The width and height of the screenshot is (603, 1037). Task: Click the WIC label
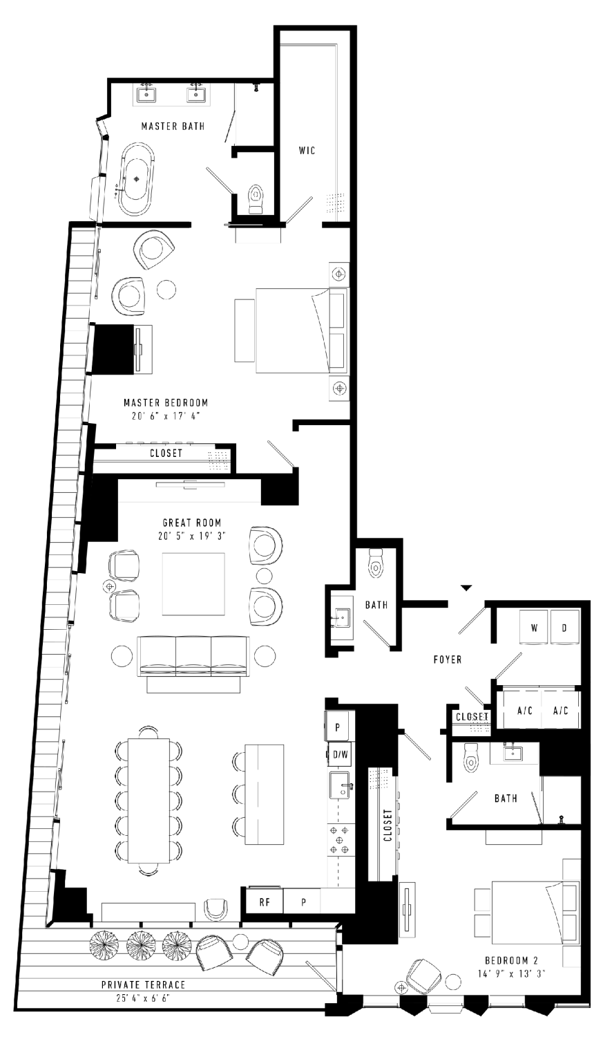tap(307, 151)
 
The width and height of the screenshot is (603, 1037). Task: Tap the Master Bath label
tap(173, 126)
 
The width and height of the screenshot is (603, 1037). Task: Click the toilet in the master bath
tap(256, 200)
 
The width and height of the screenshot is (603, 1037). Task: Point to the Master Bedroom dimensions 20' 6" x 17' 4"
tap(166, 415)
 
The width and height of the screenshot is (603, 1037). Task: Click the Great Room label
tap(192, 523)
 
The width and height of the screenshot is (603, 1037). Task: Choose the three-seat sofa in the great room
tap(193, 657)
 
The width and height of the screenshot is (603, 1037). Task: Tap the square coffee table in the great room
tap(193, 583)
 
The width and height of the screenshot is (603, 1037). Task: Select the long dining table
tap(149, 801)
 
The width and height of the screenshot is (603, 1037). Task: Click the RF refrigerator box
tap(264, 901)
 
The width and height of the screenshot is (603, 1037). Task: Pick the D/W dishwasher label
tap(341, 755)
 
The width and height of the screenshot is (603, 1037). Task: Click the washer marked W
tap(534, 627)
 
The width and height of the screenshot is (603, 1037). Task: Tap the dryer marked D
tap(564, 627)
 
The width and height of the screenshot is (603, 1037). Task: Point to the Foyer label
tap(448, 660)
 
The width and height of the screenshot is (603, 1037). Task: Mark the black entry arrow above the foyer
tap(466, 588)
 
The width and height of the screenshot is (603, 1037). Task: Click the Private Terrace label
tap(144, 984)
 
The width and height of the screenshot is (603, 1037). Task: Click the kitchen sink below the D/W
tap(341, 785)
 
